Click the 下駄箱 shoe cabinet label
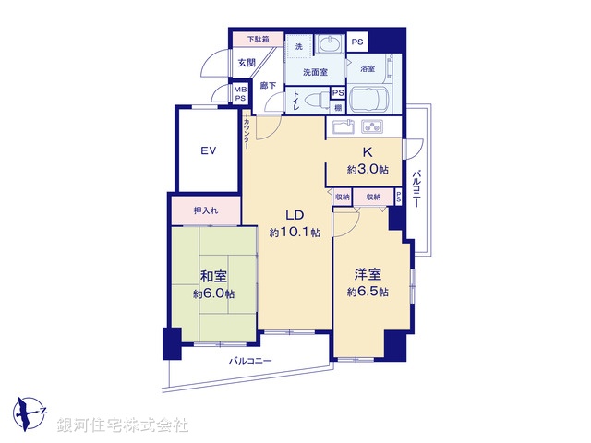(x=258, y=41)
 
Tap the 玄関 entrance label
(x=246, y=63)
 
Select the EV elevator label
(x=210, y=150)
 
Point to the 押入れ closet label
(x=205, y=210)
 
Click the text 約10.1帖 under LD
(x=295, y=233)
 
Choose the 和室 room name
(x=213, y=276)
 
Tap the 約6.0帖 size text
(x=213, y=293)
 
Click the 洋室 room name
(x=368, y=274)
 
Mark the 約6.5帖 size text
(x=368, y=292)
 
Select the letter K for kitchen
(x=367, y=152)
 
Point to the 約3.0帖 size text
(x=367, y=170)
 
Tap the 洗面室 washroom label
(x=316, y=71)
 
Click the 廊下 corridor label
(x=269, y=85)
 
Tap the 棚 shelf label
(x=338, y=107)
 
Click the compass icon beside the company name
(x=30, y=411)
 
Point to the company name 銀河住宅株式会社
(x=122, y=425)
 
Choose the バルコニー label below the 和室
(x=250, y=362)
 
